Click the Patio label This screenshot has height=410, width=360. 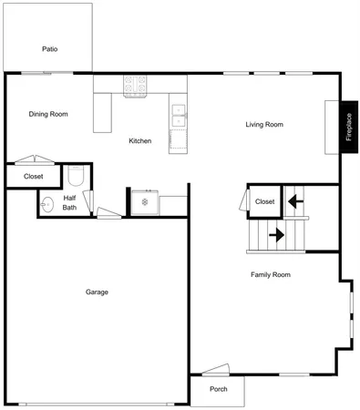(x=49, y=48)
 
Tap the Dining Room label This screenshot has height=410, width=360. (x=48, y=114)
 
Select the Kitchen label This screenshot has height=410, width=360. (x=139, y=141)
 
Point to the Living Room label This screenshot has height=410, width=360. (x=264, y=125)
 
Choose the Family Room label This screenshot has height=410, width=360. (x=271, y=274)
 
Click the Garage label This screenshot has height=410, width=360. (x=98, y=292)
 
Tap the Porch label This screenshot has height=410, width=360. (x=219, y=389)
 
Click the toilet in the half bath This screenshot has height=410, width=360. (x=77, y=174)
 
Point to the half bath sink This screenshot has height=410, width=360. (x=46, y=203)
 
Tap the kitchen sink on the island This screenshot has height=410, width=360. (x=179, y=114)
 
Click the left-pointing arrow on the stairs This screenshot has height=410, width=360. (x=293, y=200)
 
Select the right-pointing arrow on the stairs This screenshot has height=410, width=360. (x=275, y=235)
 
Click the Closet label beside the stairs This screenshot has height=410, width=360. (x=264, y=201)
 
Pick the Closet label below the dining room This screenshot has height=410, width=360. (x=34, y=176)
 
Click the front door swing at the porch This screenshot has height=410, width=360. (x=217, y=370)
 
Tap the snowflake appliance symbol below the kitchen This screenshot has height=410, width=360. (x=143, y=201)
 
